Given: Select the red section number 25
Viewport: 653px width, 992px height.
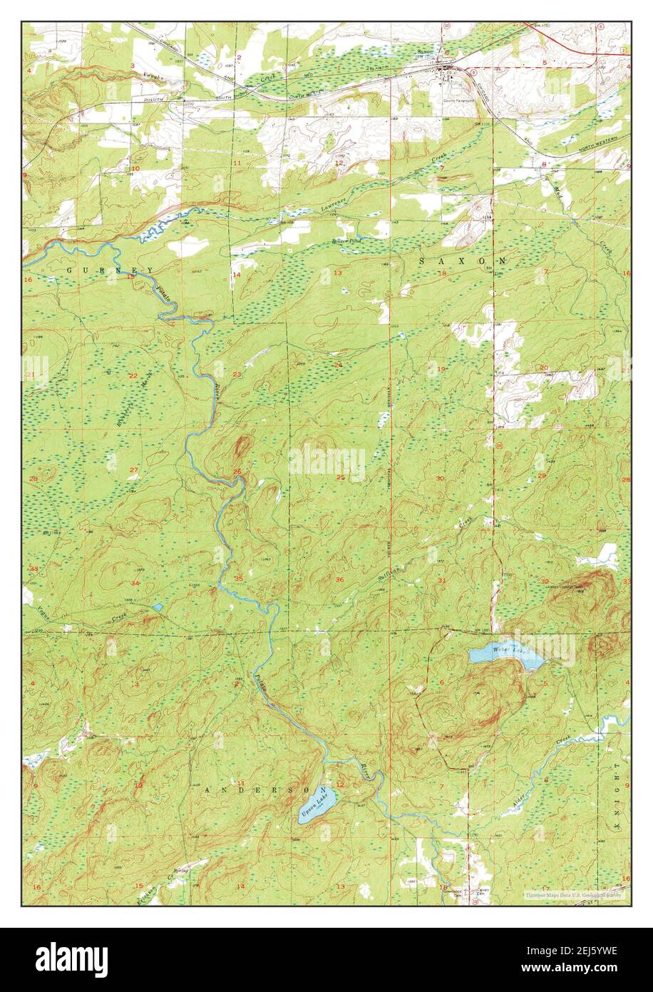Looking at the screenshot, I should (x=341, y=477).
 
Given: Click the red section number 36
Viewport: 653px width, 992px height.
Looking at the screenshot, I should (x=339, y=579).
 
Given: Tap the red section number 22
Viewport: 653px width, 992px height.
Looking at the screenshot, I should (x=133, y=375).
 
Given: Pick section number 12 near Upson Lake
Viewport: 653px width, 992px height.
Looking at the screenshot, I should (x=341, y=785).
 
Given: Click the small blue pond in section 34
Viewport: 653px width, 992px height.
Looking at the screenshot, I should (x=157, y=607).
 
